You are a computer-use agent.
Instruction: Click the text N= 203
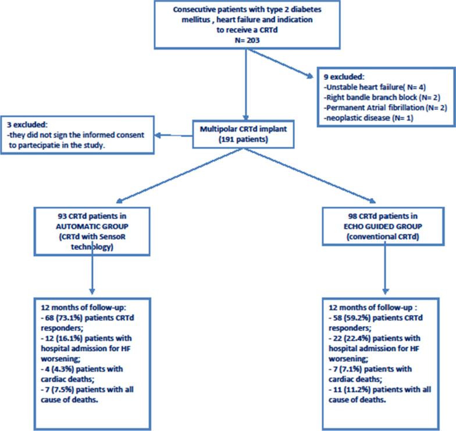point(247,40)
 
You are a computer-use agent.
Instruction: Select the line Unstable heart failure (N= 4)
point(375,87)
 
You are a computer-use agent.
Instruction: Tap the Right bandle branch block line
point(382,98)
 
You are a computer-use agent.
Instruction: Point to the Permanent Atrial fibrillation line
point(385,108)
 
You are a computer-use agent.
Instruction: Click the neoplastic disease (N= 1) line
point(369,118)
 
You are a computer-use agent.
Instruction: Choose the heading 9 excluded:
point(344,77)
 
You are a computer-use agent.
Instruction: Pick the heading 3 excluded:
point(27,125)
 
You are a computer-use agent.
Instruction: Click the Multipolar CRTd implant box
point(243,134)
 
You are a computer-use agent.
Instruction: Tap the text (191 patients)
point(243,140)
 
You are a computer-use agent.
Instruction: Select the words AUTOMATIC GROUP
point(92,226)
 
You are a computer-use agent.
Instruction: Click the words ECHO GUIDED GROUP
point(383,226)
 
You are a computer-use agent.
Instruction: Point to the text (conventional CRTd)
point(383,236)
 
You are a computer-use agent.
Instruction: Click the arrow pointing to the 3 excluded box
point(173,135)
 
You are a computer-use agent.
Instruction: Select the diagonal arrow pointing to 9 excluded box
point(280,63)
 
